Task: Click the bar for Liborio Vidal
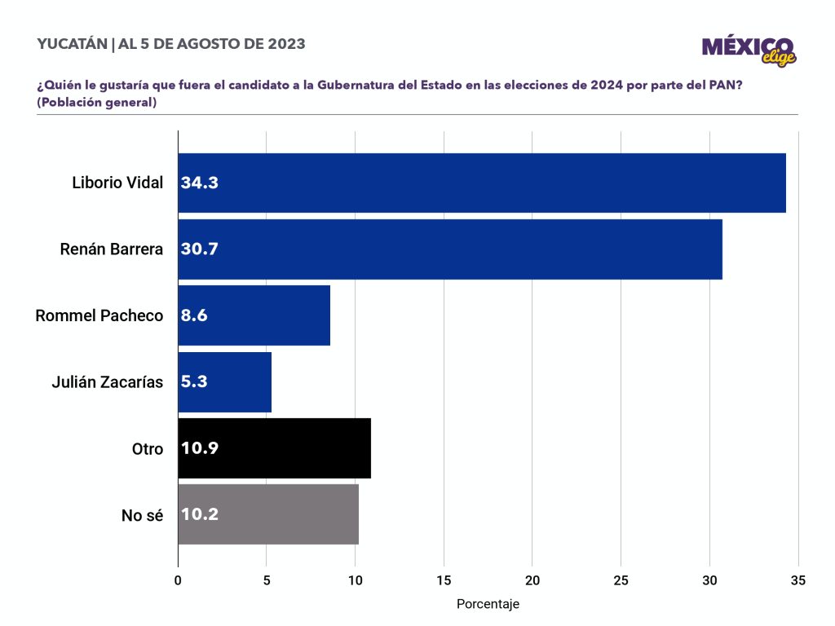click(481, 183)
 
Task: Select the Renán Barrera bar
click(449, 249)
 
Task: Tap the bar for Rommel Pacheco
click(254, 315)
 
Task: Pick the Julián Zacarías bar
click(224, 381)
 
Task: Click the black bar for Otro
click(274, 448)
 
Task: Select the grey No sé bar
click(268, 514)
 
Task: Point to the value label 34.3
click(200, 183)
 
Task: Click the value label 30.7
click(200, 249)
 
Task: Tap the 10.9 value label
click(200, 448)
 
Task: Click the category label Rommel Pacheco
click(99, 315)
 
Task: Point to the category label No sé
click(143, 514)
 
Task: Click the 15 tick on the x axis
click(444, 580)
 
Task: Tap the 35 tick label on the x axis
click(797, 580)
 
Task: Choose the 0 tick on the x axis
click(178, 580)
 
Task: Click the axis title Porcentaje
click(488, 604)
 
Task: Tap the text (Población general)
click(96, 103)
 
